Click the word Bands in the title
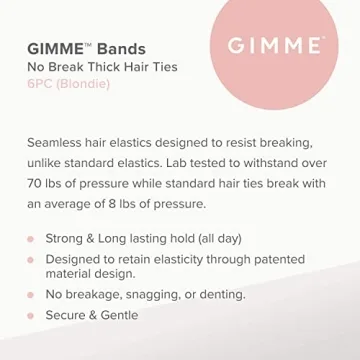tap(121, 48)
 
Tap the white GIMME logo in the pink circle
tap(274, 46)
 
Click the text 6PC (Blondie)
tap(69, 84)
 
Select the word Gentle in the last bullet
tap(116, 315)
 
